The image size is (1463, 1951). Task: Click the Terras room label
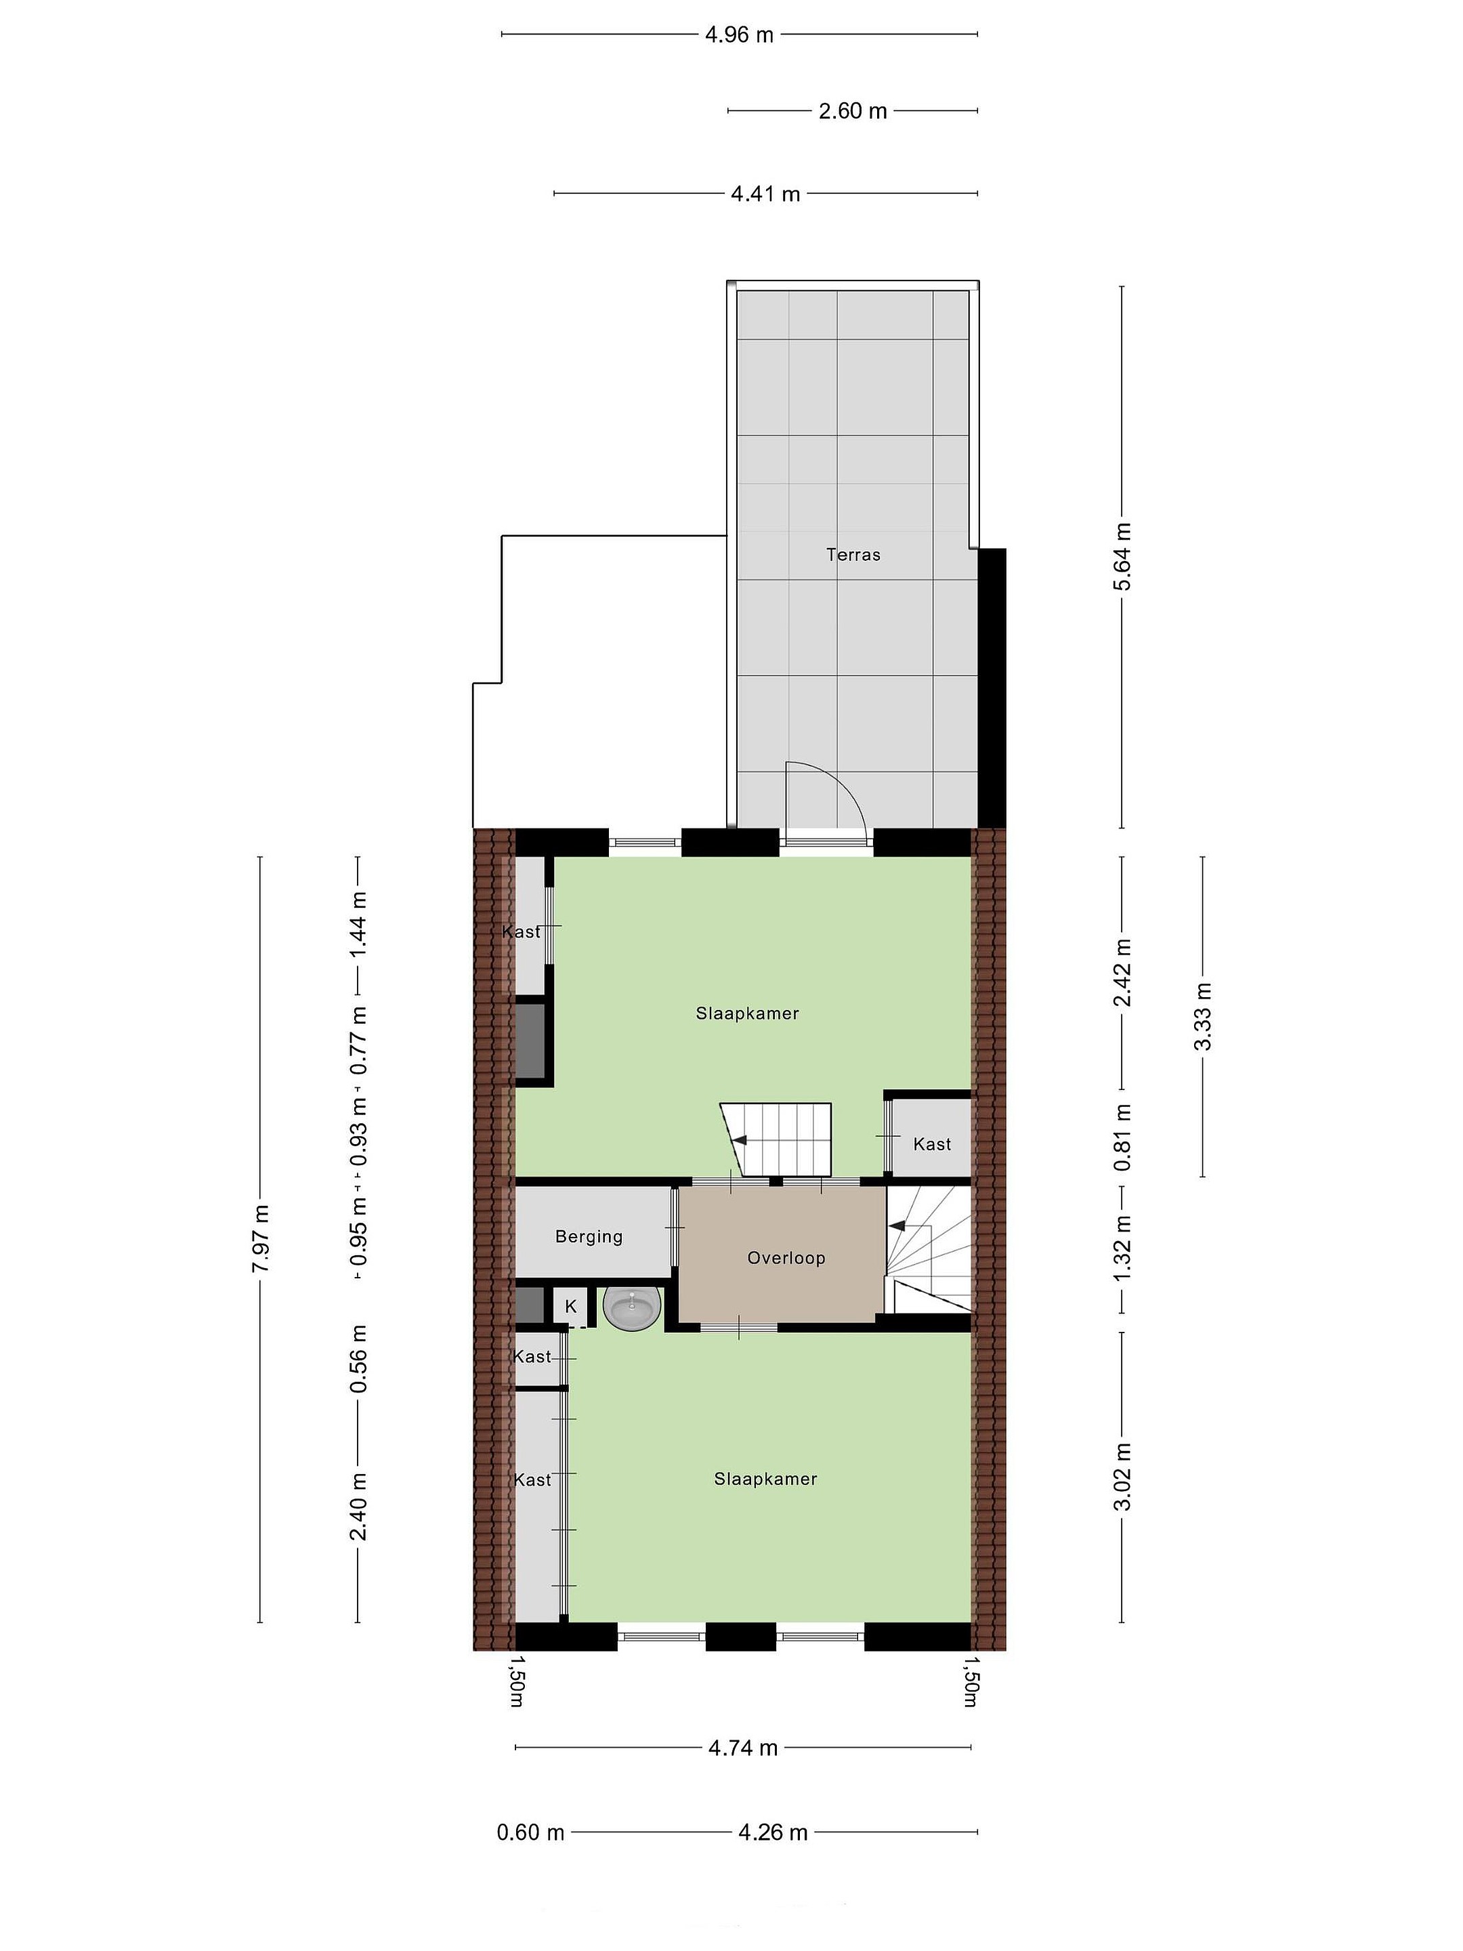pyautogui.click(x=853, y=555)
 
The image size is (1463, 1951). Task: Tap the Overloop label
pyautogui.click(x=786, y=1258)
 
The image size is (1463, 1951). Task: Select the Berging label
pyautogui.click(x=588, y=1236)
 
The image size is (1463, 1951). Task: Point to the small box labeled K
pyautogui.click(x=570, y=1306)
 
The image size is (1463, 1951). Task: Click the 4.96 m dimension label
pyautogui.click(x=739, y=35)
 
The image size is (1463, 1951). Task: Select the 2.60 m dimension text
pyautogui.click(x=852, y=111)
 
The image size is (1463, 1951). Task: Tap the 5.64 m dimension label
pyautogui.click(x=1122, y=557)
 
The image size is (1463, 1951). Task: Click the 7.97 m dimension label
pyautogui.click(x=260, y=1238)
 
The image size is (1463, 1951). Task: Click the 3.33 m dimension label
pyautogui.click(x=1203, y=1016)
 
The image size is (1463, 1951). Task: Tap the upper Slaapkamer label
pyautogui.click(x=747, y=1013)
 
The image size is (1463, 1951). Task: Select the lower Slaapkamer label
pyautogui.click(x=765, y=1479)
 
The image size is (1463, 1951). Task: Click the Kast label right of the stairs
pyautogui.click(x=932, y=1144)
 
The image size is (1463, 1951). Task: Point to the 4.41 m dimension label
pyautogui.click(x=765, y=193)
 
